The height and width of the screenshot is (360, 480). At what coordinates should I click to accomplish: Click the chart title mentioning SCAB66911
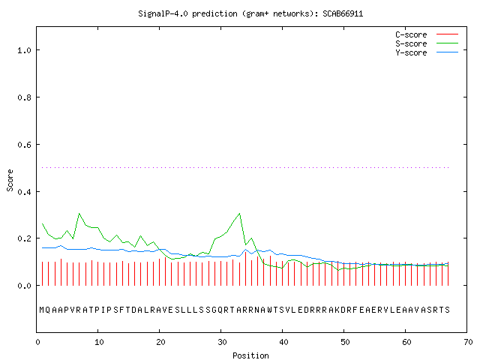[x=250, y=13]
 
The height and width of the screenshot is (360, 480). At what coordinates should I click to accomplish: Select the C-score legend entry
[x=427, y=34]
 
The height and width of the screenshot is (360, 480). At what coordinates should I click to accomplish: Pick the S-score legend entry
[x=427, y=43]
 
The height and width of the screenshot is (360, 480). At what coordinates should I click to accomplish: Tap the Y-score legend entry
[x=427, y=52]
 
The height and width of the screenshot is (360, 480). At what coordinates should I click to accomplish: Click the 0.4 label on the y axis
[x=25, y=192]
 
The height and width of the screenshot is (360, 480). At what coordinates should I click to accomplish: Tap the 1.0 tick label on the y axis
[x=25, y=50]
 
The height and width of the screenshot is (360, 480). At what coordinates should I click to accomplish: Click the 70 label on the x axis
[x=468, y=342]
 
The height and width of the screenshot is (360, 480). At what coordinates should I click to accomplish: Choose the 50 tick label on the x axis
[x=345, y=342]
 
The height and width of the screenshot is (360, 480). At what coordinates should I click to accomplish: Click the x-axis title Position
[x=250, y=355]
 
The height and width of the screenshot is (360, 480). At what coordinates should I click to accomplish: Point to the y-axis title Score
[x=10, y=180]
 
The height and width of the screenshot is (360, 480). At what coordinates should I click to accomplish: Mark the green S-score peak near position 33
[x=239, y=213]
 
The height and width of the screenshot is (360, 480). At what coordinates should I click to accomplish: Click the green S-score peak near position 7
[x=79, y=213]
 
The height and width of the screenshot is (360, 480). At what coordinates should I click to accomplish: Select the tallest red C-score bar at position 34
[x=245, y=268]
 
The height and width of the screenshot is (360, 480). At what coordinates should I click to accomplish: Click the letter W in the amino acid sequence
[x=269, y=310]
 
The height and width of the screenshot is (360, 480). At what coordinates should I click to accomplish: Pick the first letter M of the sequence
[x=42, y=310]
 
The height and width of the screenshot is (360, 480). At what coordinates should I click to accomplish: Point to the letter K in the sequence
[x=337, y=310]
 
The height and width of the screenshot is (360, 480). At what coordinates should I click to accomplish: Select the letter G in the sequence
[x=214, y=310]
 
